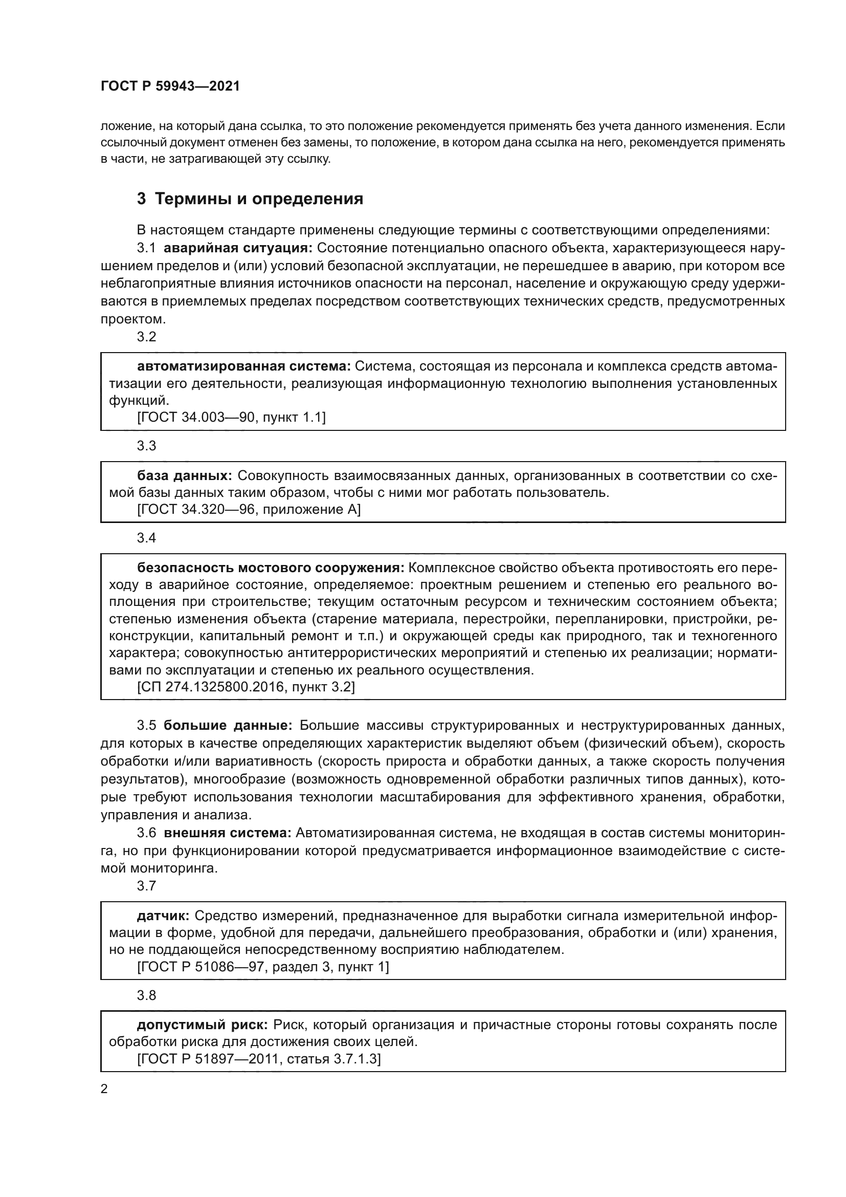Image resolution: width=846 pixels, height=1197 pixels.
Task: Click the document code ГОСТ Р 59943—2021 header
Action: [170, 86]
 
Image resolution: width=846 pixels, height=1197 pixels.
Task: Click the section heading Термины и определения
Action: [250, 199]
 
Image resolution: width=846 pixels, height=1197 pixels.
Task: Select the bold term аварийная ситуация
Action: [237, 248]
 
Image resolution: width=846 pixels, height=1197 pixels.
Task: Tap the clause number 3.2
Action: [146, 337]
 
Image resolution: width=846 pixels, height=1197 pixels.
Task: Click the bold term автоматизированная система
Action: [244, 366]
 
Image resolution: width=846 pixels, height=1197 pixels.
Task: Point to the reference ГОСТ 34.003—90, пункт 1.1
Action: [231, 417]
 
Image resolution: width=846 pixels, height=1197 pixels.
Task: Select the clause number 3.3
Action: [146, 446]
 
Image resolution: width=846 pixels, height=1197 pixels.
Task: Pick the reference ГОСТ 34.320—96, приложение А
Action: [249, 509]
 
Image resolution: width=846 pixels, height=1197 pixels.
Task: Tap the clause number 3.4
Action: [146, 538]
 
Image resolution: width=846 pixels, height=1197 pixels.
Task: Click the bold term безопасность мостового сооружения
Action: [271, 568]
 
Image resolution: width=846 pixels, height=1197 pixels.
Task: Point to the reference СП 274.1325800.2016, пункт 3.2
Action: [246, 687]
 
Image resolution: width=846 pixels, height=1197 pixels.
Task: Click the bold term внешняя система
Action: [227, 833]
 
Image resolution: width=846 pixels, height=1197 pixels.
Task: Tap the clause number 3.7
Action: [146, 886]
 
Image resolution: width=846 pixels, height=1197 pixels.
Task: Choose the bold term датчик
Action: [163, 916]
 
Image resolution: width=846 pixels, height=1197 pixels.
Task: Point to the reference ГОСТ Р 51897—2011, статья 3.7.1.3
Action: [259, 1059]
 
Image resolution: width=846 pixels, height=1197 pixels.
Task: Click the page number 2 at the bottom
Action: [104, 1089]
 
